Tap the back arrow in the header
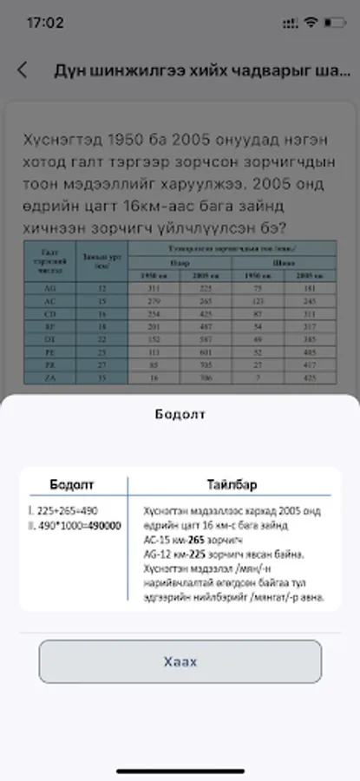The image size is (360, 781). (23, 70)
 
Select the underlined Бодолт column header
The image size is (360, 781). (72, 484)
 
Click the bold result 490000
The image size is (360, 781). (103, 526)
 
